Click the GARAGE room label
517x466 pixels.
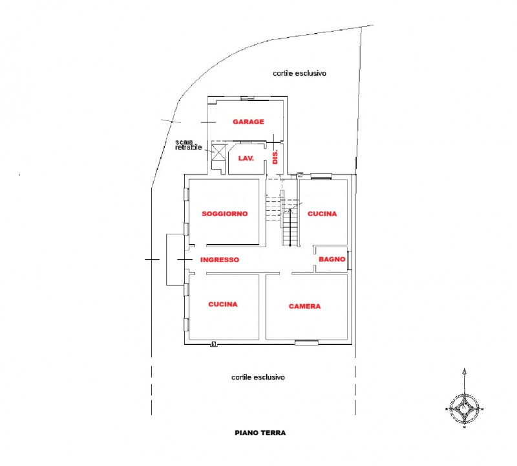coord(249,122)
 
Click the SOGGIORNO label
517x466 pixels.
coord(225,214)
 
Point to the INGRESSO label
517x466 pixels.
coord(220,260)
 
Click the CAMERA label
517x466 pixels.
coord(305,306)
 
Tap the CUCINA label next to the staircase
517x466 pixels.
coord(322,214)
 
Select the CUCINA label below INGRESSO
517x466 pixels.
coord(222,304)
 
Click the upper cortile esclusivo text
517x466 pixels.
coord(299,74)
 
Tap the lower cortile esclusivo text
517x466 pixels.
coord(258,377)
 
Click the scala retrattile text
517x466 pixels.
coord(189,145)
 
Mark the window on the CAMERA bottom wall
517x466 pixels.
coord(306,341)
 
